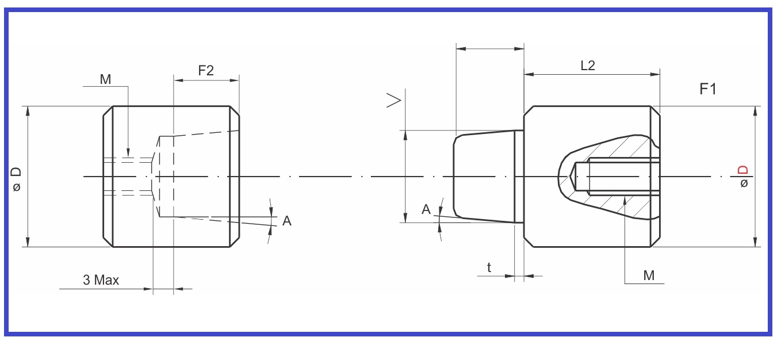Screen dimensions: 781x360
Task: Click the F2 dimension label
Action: point(206,71)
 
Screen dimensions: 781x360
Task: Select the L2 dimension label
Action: point(588,66)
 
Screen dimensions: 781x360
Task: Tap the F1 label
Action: point(708,89)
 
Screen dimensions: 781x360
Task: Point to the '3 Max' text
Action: point(101,280)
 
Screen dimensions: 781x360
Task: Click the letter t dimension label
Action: point(489,267)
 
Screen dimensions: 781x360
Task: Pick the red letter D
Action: point(743,170)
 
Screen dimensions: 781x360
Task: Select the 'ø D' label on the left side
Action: point(16,179)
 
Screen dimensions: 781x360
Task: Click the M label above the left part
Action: point(105,79)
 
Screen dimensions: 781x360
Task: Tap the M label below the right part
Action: point(649,275)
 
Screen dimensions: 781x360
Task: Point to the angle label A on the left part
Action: point(286,221)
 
